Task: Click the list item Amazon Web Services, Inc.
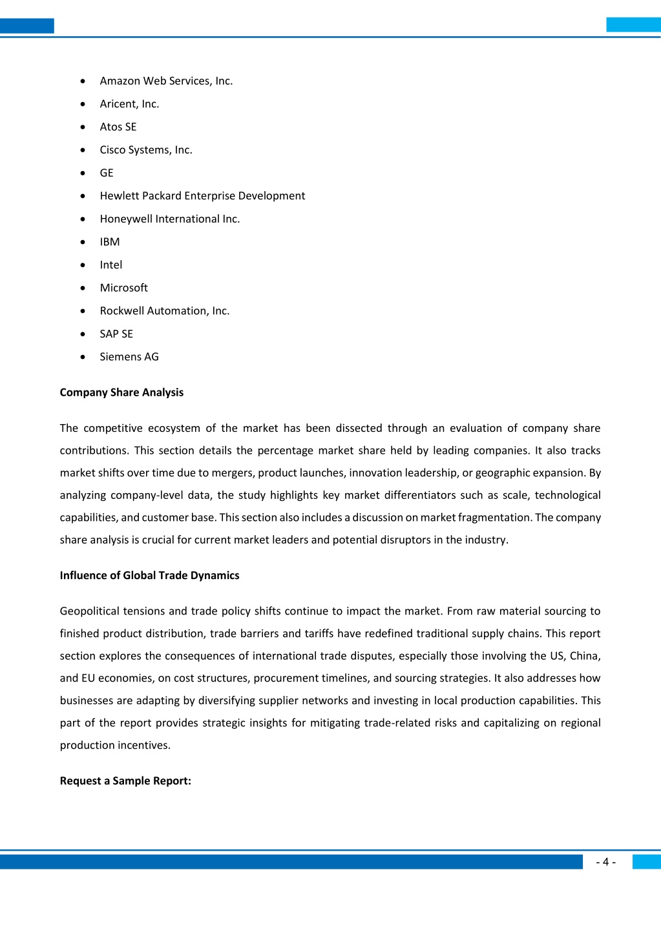[x=166, y=81]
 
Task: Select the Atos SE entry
[x=118, y=127]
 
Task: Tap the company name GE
[x=107, y=173]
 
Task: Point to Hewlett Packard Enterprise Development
[x=202, y=196]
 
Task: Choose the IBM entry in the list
[x=110, y=241]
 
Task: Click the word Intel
[x=111, y=265]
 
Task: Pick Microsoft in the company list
[x=124, y=288]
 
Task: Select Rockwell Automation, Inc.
[x=165, y=310]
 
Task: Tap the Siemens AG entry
[x=129, y=357]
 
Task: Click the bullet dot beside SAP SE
[x=83, y=334]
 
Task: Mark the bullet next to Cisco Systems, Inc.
[x=83, y=150]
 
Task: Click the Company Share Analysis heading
[x=121, y=392]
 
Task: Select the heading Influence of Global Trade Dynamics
[x=149, y=575]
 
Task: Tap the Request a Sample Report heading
[x=125, y=781]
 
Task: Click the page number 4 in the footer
[x=605, y=862]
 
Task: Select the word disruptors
[x=400, y=540]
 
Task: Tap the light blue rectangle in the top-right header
[x=633, y=25]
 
